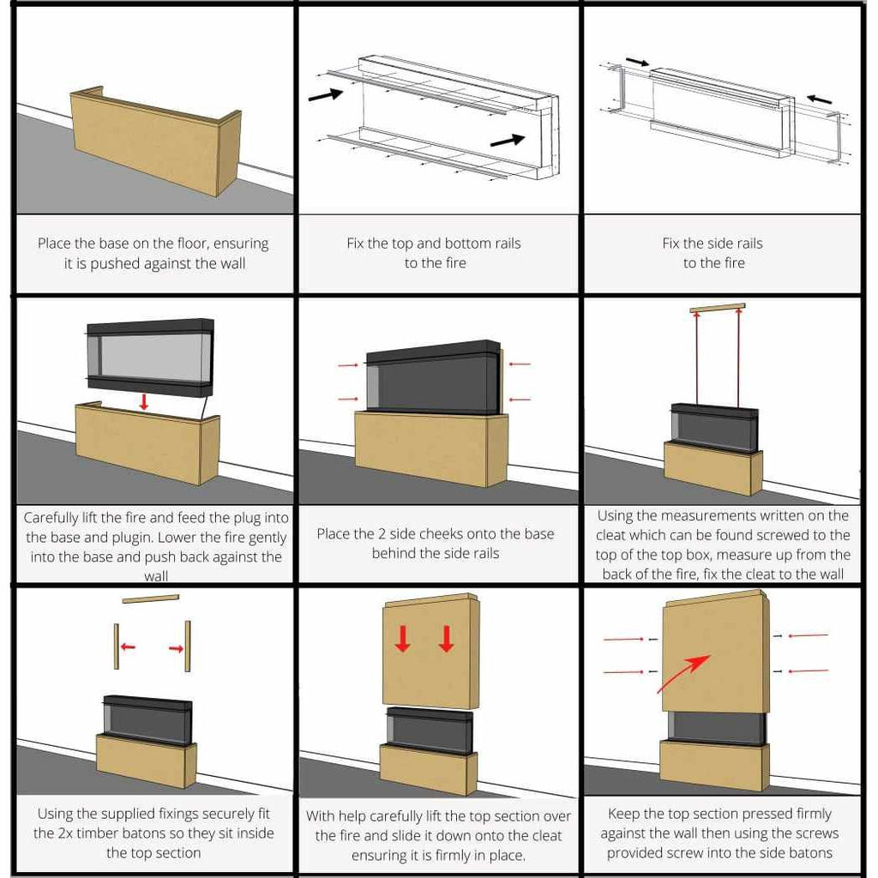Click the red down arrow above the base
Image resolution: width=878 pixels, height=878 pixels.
tap(144, 401)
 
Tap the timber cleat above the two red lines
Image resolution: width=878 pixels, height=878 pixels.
tap(718, 308)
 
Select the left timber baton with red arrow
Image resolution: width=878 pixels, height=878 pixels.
tap(117, 646)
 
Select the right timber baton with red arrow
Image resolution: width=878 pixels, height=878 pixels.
tap(188, 646)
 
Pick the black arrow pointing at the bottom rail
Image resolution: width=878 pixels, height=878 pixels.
tap(508, 140)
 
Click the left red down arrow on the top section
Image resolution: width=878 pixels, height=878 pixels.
tap(403, 639)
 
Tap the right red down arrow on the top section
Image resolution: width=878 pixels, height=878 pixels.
tap(446, 639)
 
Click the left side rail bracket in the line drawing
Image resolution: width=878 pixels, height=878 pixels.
tap(617, 89)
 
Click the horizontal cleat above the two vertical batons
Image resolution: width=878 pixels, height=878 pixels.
tap(151, 598)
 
